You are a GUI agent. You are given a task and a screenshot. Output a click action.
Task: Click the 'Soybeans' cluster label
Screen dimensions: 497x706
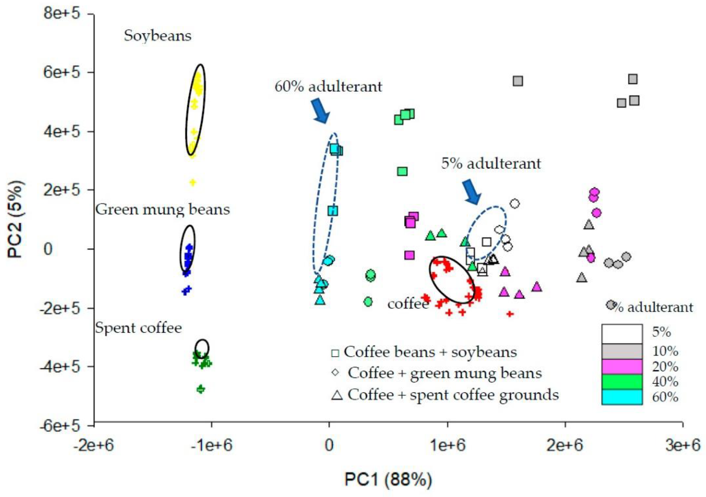coord(157,36)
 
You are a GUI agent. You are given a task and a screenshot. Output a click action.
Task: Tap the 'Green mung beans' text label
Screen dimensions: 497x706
coord(162,210)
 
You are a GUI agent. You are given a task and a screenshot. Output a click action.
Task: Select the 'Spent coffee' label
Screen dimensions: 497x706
coord(138,328)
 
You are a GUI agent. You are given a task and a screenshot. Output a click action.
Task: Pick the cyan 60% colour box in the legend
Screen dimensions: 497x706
coord(622,397)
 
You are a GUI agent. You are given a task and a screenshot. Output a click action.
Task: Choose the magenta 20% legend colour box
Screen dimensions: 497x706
coord(622,367)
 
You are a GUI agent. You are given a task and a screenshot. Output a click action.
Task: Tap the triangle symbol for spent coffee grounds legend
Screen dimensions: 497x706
coord(337,395)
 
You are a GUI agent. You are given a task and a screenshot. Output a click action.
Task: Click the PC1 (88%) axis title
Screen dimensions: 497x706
coord(388,479)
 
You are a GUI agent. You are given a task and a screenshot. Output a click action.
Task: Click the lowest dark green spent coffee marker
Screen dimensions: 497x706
coord(201,389)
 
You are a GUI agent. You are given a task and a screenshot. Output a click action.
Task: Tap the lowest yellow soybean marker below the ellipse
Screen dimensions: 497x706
coord(193,182)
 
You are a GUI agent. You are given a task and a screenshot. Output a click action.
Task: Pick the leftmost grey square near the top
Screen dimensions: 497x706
coord(518,81)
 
